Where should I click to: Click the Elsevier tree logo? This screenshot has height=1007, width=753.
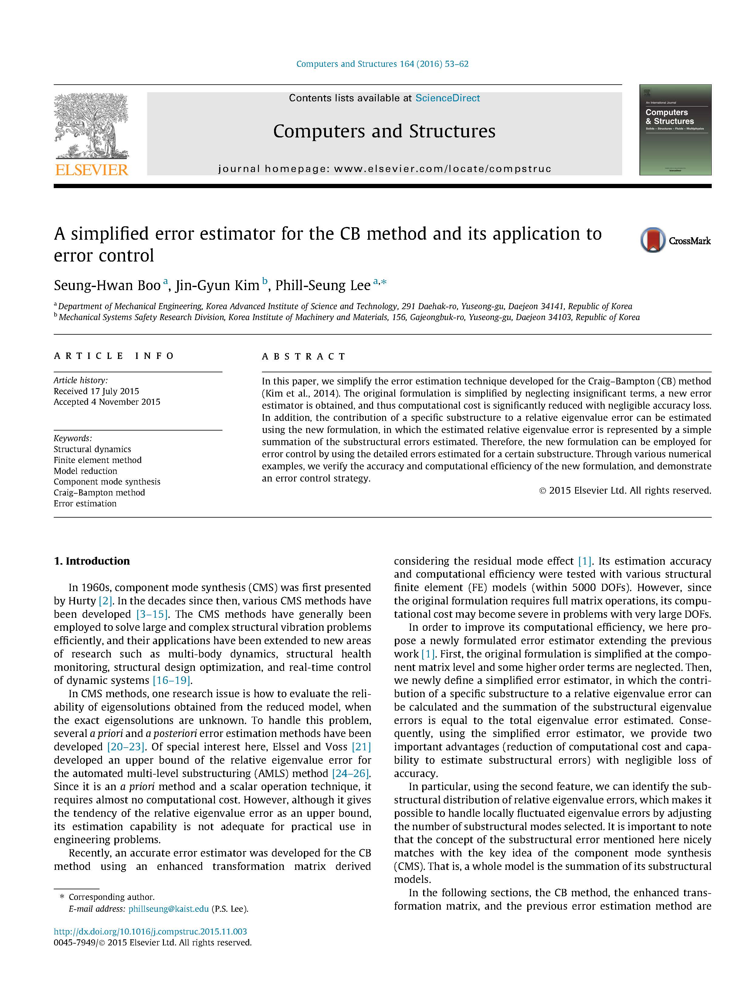pos(91,125)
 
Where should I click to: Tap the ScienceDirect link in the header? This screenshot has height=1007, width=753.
pos(447,98)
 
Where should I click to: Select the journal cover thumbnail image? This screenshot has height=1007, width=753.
pos(675,130)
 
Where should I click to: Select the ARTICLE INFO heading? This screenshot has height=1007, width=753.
pos(114,356)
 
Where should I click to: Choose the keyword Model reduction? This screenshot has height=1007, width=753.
pos(85,471)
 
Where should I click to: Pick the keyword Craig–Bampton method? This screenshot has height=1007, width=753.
pos(99,492)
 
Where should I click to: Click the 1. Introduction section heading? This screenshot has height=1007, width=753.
pos(92,561)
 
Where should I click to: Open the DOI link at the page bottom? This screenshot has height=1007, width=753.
pos(150,931)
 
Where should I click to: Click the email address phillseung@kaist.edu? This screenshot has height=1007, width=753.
pos(168,909)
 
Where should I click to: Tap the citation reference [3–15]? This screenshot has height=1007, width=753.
pos(152,614)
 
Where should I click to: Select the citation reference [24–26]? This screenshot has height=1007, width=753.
pos(351,773)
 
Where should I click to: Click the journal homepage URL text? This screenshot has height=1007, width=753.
pos(443,169)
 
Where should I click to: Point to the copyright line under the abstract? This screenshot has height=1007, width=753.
pos(625,490)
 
